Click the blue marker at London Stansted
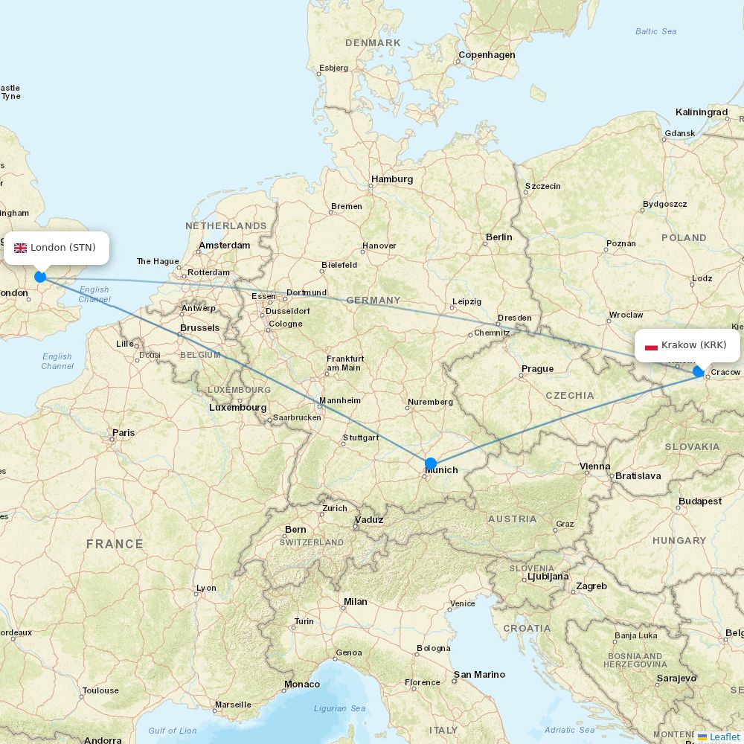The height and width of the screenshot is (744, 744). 40,277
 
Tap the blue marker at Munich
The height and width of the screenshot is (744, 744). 431,464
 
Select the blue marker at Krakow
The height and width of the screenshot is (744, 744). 699,371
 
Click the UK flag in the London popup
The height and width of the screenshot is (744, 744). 20,248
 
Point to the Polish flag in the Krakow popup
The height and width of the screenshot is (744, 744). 651,345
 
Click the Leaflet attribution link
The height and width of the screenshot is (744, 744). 724,737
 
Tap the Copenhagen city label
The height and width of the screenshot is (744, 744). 487,55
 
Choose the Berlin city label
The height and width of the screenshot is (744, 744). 498,237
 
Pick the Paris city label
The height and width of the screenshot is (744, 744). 124,432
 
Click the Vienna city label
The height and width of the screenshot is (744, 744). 594,466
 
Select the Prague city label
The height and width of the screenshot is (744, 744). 537,369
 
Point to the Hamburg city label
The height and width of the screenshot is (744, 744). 392,179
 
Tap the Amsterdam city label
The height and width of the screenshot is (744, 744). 224,245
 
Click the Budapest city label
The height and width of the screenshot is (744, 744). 699,501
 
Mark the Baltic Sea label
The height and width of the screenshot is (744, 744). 655,31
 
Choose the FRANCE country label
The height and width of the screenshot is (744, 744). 115,544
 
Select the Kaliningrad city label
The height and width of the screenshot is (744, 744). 701,112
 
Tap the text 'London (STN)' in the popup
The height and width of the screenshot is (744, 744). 62,248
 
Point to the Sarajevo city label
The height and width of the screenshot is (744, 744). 676,679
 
